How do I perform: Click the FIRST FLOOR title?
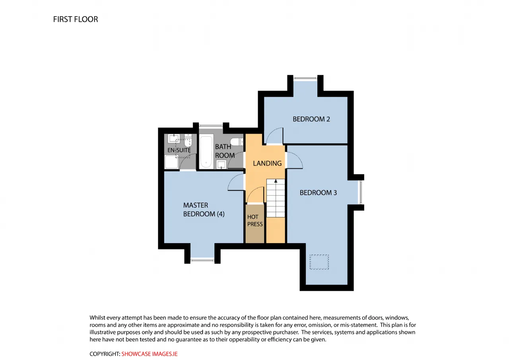(x=76, y=19)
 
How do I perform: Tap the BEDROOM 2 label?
(x=311, y=119)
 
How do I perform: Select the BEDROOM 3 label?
(x=318, y=193)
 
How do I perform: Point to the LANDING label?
(x=267, y=163)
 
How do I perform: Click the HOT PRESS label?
(x=255, y=220)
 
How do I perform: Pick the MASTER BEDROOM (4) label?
(x=204, y=210)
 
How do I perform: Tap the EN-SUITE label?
(x=179, y=150)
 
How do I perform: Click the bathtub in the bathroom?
(x=206, y=152)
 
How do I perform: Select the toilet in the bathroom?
(x=237, y=142)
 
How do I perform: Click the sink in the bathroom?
(x=221, y=164)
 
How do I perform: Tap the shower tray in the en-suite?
(x=171, y=162)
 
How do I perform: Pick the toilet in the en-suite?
(x=188, y=140)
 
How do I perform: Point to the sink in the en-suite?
(x=174, y=138)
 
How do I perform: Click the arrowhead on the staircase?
(x=276, y=181)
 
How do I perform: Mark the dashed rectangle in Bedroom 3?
(x=319, y=262)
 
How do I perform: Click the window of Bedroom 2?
(x=305, y=78)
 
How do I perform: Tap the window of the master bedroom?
(x=202, y=261)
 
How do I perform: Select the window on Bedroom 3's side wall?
(x=361, y=192)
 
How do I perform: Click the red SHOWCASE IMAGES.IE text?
(x=150, y=354)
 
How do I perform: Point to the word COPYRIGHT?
(x=104, y=354)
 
